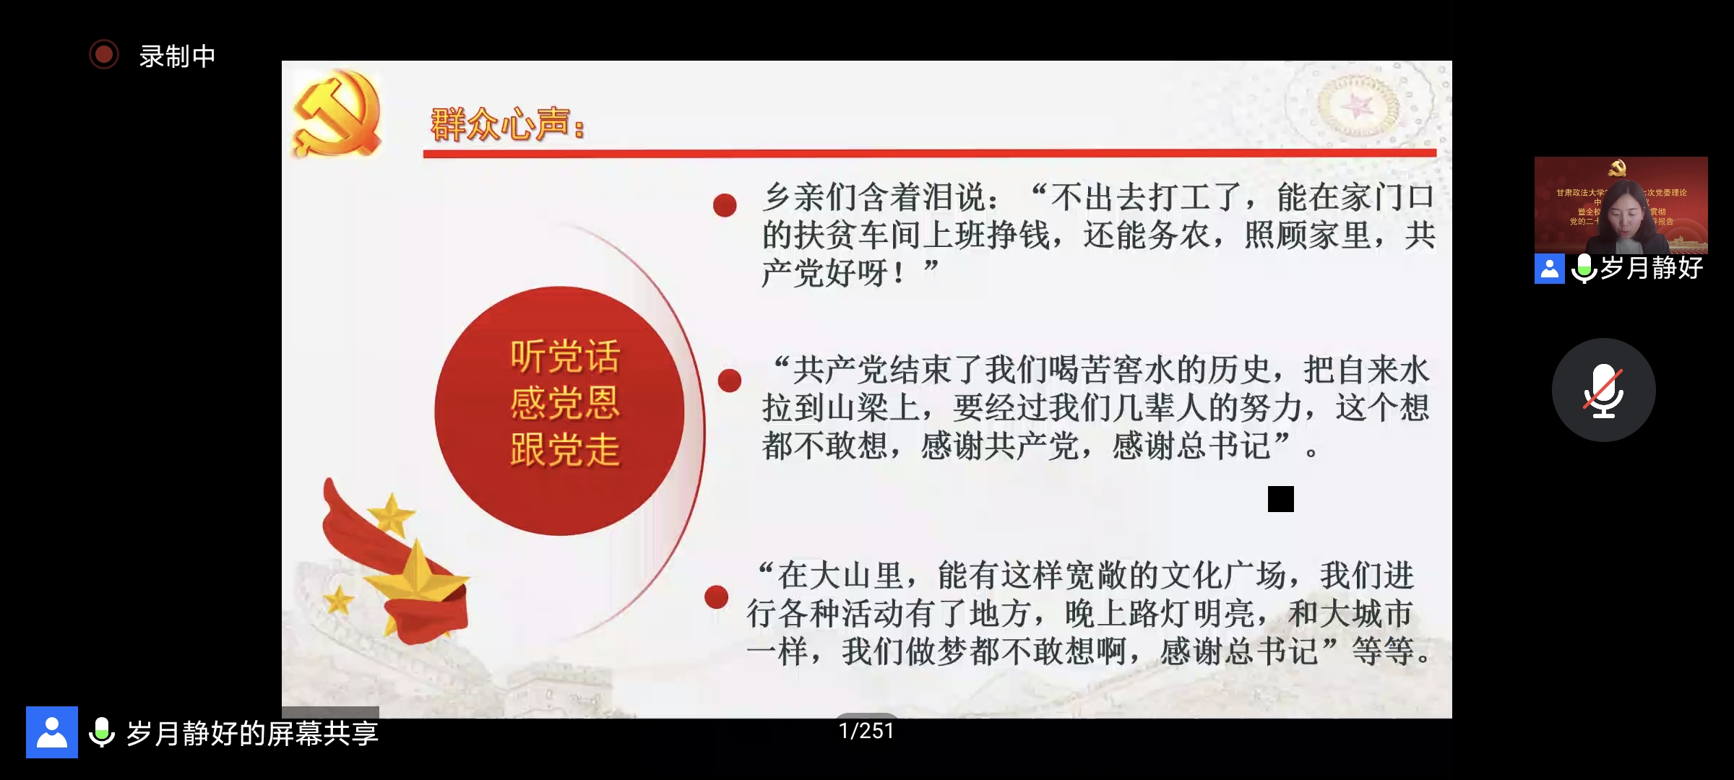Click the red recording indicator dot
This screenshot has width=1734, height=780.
click(104, 55)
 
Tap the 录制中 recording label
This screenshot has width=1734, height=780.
click(177, 56)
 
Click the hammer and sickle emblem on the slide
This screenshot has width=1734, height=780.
click(337, 114)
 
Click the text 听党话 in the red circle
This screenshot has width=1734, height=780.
click(565, 356)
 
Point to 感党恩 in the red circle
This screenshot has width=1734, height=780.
click(565, 402)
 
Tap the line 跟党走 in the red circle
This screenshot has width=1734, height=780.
click(565, 449)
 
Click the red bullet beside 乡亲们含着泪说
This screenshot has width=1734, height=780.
click(725, 205)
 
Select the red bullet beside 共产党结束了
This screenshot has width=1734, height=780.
click(730, 381)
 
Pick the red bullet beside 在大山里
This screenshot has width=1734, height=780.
click(716, 597)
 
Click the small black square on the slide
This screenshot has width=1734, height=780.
click(1280, 499)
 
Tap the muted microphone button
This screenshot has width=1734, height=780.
click(1603, 390)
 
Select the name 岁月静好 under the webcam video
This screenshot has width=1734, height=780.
click(1652, 268)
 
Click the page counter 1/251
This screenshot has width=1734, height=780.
click(866, 731)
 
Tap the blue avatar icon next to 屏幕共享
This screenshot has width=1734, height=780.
click(52, 732)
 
